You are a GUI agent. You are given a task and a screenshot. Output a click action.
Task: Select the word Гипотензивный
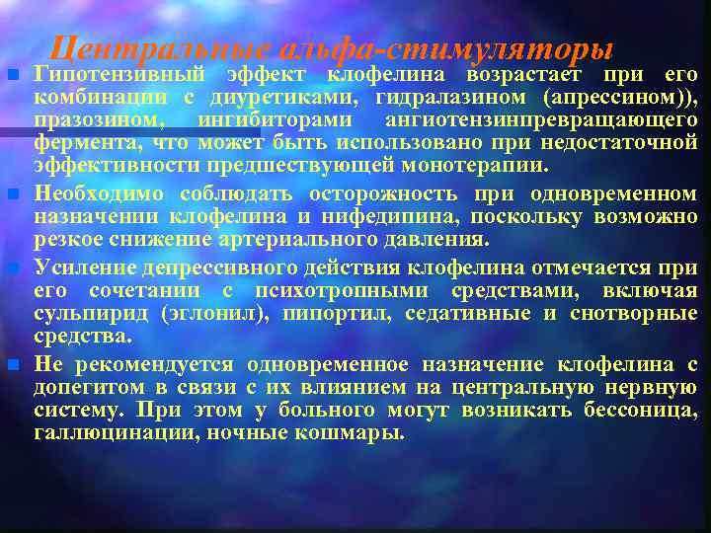(x=120, y=75)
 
